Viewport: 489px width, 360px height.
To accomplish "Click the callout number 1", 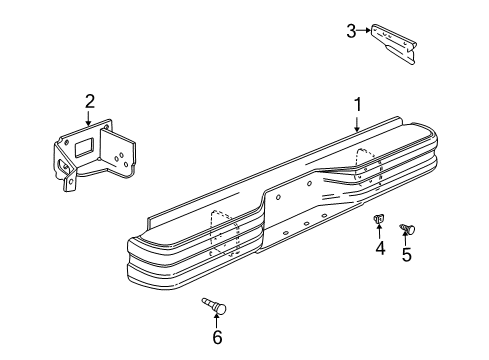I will point(358,103).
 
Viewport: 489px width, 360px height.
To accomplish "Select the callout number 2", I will point(89,100).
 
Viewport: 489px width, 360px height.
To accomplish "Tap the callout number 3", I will point(352,31).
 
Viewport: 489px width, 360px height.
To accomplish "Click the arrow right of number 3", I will point(366,31).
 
